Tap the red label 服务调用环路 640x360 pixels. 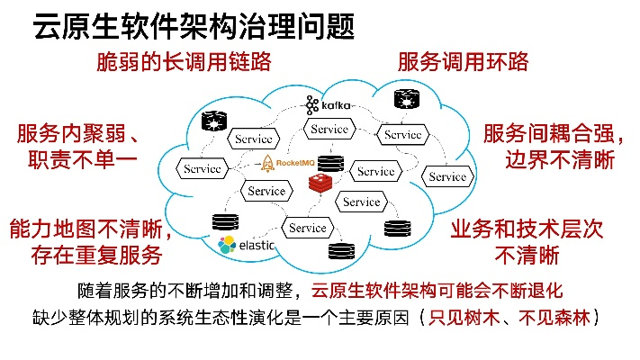(x=463, y=63)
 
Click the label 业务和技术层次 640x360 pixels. (x=527, y=229)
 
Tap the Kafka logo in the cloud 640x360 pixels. (x=328, y=107)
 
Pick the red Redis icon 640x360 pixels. (x=320, y=184)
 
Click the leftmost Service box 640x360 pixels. (x=203, y=169)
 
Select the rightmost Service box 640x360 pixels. (x=446, y=176)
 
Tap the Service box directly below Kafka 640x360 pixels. (x=329, y=130)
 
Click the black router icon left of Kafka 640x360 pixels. (x=215, y=120)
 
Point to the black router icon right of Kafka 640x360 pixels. (x=399, y=101)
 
